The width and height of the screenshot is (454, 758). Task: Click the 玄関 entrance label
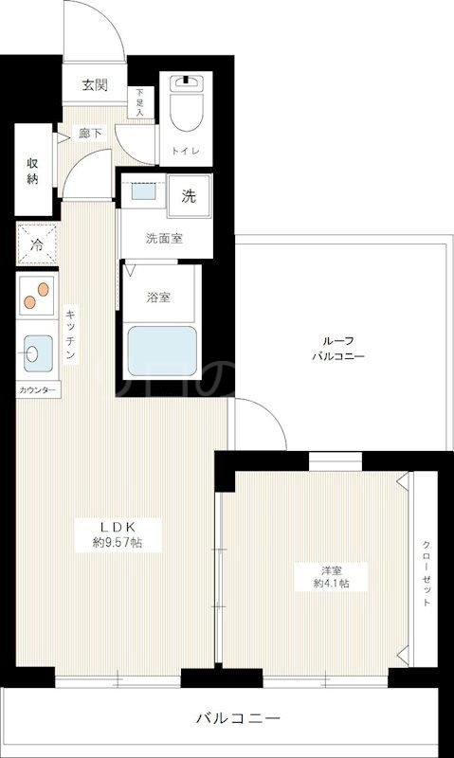pyautogui.click(x=94, y=85)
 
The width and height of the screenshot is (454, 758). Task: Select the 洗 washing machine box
pyautogui.click(x=190, y=196)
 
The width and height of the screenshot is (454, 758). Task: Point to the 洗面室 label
pyautogui.click(x=163, y=239)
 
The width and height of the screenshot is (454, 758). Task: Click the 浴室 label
pyautogui.click(x=158, y=297)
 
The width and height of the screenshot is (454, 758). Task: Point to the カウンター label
pyautogui.click(x=37, y=390)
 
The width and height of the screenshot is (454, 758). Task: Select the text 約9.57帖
pyautogui.click(x=118, y=543)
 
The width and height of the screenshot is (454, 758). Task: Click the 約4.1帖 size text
pyautogui.click(x=331, y=584)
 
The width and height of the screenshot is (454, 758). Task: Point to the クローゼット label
pyautogui.click(x=427, y=574)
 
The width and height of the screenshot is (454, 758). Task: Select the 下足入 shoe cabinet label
pyautogui.click(x=141, y=101)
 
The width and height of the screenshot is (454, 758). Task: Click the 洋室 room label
pyautogui.click(x=331, y=569)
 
